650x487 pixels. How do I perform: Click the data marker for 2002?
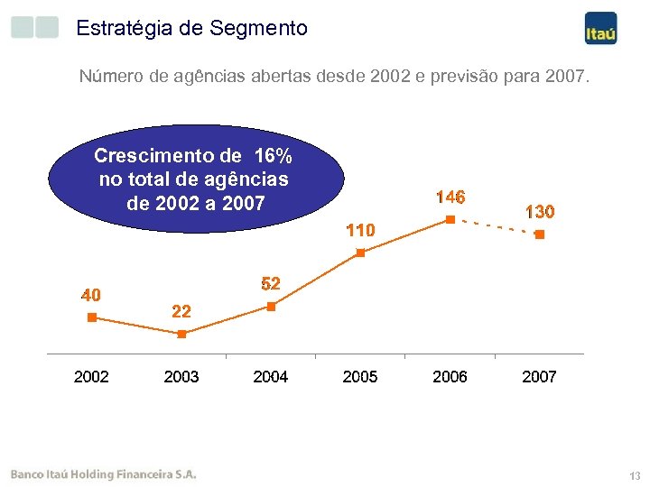(91, 317)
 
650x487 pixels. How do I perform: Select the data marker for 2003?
(181, 334)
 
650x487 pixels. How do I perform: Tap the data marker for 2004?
(271, 307)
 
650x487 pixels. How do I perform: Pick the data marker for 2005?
(360, 253)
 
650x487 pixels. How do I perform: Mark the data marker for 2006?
(450, 218)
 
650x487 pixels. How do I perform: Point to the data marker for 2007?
(539, 234)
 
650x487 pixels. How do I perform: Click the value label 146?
(450, 197)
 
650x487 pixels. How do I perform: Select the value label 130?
(540, 212)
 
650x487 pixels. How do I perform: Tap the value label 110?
(360, 231)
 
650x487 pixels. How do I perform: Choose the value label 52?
(271, 284)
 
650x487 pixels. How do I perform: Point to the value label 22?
(181, 312)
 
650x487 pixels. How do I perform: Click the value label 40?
(91, 295)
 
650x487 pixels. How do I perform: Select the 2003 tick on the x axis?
(181, 377)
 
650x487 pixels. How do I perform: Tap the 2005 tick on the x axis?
(360, 377)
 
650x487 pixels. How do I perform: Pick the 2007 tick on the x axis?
(539, 377)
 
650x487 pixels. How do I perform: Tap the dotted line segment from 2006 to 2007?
(495, 226)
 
